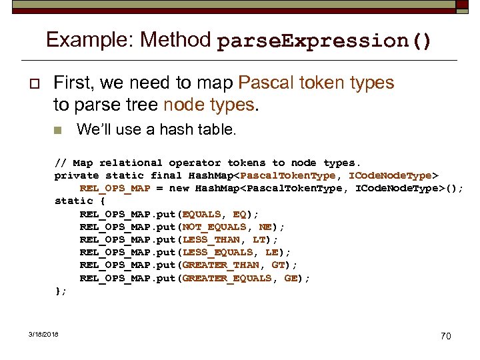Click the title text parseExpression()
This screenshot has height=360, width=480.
pyautogui.click(x=324, y=41)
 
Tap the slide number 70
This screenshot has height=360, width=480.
pyautogui.click(x=445, y=336)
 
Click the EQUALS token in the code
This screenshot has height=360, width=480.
pyautogui.click(x=201, y=214)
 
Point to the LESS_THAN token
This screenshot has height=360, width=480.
pyautogui.click(x=211, y=239)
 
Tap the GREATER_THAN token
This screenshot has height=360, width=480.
pyautogui.click(x=221, y=265)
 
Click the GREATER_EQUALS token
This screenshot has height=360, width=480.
pyautogui.click(x=227, y=278)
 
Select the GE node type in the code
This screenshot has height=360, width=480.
pyautogui.click(x=291, y=278)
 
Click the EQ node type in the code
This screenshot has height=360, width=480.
pyautogui.click(x=240, y=214)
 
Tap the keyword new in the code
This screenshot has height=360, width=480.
pyautogui.click(x=179, y=188)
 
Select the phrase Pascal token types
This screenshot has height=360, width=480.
pyautogui.click(x=316, y=83)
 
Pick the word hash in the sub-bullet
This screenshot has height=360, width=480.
pyautogui.click(x=174, y=129)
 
